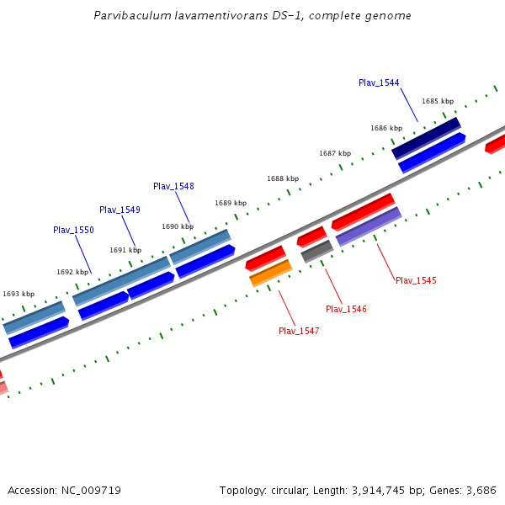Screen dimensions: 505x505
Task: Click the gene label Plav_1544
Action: [x=379, y=82]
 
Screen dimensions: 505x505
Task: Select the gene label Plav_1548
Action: [x=173, y=186]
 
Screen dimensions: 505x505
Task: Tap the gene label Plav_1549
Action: [x=120, y=210]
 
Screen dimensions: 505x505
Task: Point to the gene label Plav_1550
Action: [x=73, y=230]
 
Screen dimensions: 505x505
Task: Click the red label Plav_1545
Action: [x=416, y=280]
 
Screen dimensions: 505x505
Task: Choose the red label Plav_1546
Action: [x=346, y=309]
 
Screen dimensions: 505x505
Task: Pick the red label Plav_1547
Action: [x=299, y=331]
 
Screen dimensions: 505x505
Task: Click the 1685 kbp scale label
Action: [x=438, y=101]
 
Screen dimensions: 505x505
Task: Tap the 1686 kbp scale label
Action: [x=386, y=128]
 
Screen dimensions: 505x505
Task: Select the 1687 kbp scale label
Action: [x=335, y=153]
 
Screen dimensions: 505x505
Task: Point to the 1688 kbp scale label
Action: [x=283, y=178]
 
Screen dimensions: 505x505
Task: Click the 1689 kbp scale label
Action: [x=231, y=203]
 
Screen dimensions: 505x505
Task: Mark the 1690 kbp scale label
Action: [x=178, y=226]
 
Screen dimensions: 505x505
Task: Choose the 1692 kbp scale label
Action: [x=72, y=272]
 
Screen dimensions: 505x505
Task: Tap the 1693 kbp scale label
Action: [x=19, y=294]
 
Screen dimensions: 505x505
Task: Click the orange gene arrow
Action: [x=270, y=273]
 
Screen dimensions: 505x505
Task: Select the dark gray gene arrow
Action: [x=317, y=250]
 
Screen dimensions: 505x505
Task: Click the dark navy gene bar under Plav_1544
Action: [x=426, y=137]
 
